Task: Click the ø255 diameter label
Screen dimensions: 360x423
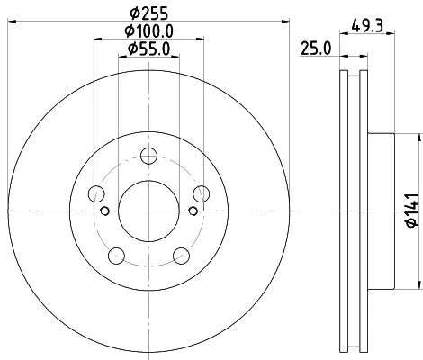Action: (x=148, y=15)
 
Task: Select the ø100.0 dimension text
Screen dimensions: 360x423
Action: (x=148, y=32)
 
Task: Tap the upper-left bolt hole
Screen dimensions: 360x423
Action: (x=97, y=192)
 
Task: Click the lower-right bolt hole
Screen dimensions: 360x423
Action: (x=181, y=253)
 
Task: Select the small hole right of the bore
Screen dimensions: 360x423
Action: (x=191, y=212)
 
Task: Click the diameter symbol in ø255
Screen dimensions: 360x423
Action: (x=133, y=15)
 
